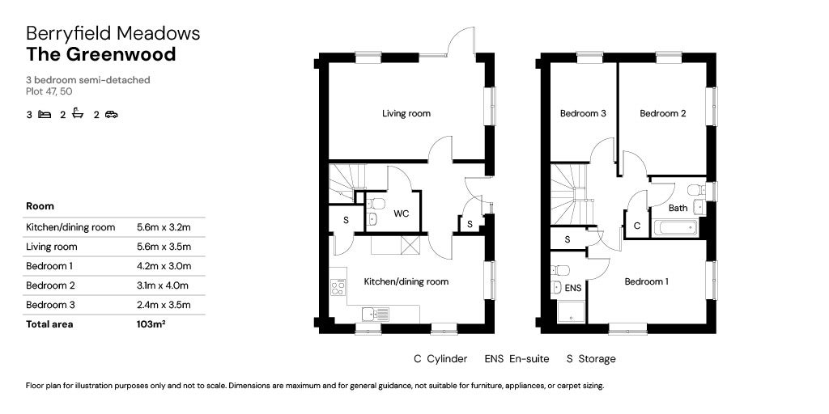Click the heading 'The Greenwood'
[100, 55]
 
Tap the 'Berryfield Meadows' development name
[113, 33]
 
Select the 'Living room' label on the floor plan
[406, 114]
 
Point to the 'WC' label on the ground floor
[401, 214]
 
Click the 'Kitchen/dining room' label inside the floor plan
[406, 282]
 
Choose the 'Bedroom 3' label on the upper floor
[583, 114]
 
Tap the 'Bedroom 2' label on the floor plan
[662, 114]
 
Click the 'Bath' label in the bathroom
[678, 208]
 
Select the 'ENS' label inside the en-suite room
[572, 288]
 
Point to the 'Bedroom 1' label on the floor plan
[646, 282]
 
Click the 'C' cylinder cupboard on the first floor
[636, 226]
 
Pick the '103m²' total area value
[151, 324]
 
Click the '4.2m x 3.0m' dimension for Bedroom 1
[164, 266]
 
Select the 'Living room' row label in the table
[52, 247]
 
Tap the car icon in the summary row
[111, 115]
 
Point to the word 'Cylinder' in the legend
[448, 359]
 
